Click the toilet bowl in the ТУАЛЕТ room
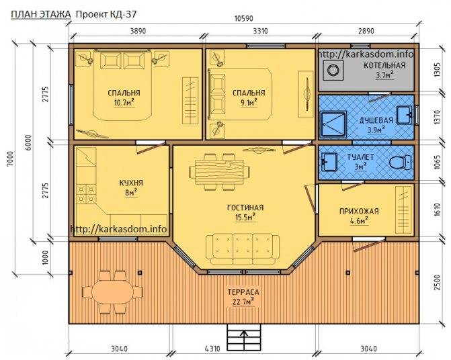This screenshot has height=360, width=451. click(401, 162)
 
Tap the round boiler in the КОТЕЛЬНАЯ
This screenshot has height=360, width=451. click(333, 70)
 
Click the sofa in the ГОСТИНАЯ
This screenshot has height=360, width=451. click(243, 249)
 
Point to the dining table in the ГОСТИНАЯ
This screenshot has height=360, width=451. click(220, 172)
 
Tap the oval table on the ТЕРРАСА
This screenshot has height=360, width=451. click(112, 292)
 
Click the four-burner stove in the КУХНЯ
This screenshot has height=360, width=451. click(86, 193)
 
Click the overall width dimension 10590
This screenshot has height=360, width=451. click(243, 19)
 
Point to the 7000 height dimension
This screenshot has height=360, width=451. click(10, 159)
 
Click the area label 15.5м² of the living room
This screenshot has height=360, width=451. click(245, 217)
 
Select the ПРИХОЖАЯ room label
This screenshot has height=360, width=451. click(359, 212)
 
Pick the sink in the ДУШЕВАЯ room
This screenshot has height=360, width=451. click(405, 115)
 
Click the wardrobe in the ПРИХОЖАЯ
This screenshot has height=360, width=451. click(403, 210)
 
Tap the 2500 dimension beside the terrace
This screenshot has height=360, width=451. click(437, 283)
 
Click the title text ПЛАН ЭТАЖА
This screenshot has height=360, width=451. click(41, 14)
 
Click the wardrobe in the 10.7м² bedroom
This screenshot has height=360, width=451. click(190, 101)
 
